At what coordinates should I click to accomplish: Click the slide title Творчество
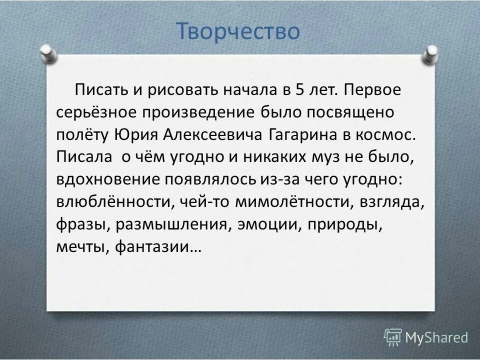pos(238,31)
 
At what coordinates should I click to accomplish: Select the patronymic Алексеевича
pos(213,134)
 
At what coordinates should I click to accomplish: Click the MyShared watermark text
pos(436,337)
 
